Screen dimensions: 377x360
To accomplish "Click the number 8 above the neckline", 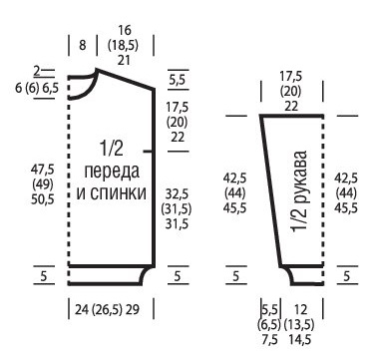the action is click(82, 46).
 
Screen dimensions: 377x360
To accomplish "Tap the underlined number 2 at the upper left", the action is click(36, 71).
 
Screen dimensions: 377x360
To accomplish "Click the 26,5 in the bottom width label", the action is click(116, 310).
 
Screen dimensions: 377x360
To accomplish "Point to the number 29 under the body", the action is click(148, 310).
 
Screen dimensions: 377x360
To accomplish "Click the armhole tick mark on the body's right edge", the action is click(151, 151).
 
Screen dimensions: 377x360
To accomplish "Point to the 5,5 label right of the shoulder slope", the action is click(178, 79).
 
